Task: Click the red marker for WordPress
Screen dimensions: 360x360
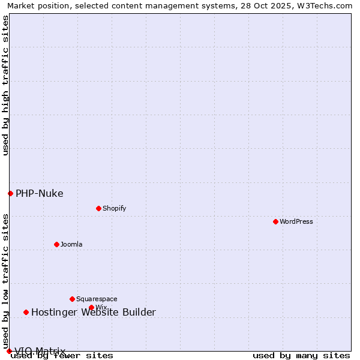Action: pos(275,221)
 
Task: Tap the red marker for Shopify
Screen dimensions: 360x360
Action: pos(98,208)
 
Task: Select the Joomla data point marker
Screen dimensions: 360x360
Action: pos(56,244)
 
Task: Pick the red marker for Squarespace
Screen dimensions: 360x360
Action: pos(72,299)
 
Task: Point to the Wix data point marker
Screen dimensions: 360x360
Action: pos(91,307)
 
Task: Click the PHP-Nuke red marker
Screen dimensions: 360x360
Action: pos(10,193)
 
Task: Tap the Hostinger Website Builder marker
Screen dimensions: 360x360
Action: pos(26,312)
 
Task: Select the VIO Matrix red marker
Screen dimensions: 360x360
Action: pos(9,351)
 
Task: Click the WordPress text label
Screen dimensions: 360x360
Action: pos(296,221)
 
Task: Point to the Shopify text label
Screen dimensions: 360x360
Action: pos(114,208)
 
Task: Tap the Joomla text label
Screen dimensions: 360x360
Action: pos(71,244)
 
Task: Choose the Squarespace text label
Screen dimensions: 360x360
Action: pos(97,299)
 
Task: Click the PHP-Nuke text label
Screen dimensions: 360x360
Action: pos(40,193)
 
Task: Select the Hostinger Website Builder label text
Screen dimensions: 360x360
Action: pos(94,312)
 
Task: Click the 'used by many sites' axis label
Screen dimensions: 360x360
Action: pos(301,356)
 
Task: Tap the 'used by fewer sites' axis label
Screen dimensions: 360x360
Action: pos(62,356)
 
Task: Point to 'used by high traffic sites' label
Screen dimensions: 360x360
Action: pos(5,85)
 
